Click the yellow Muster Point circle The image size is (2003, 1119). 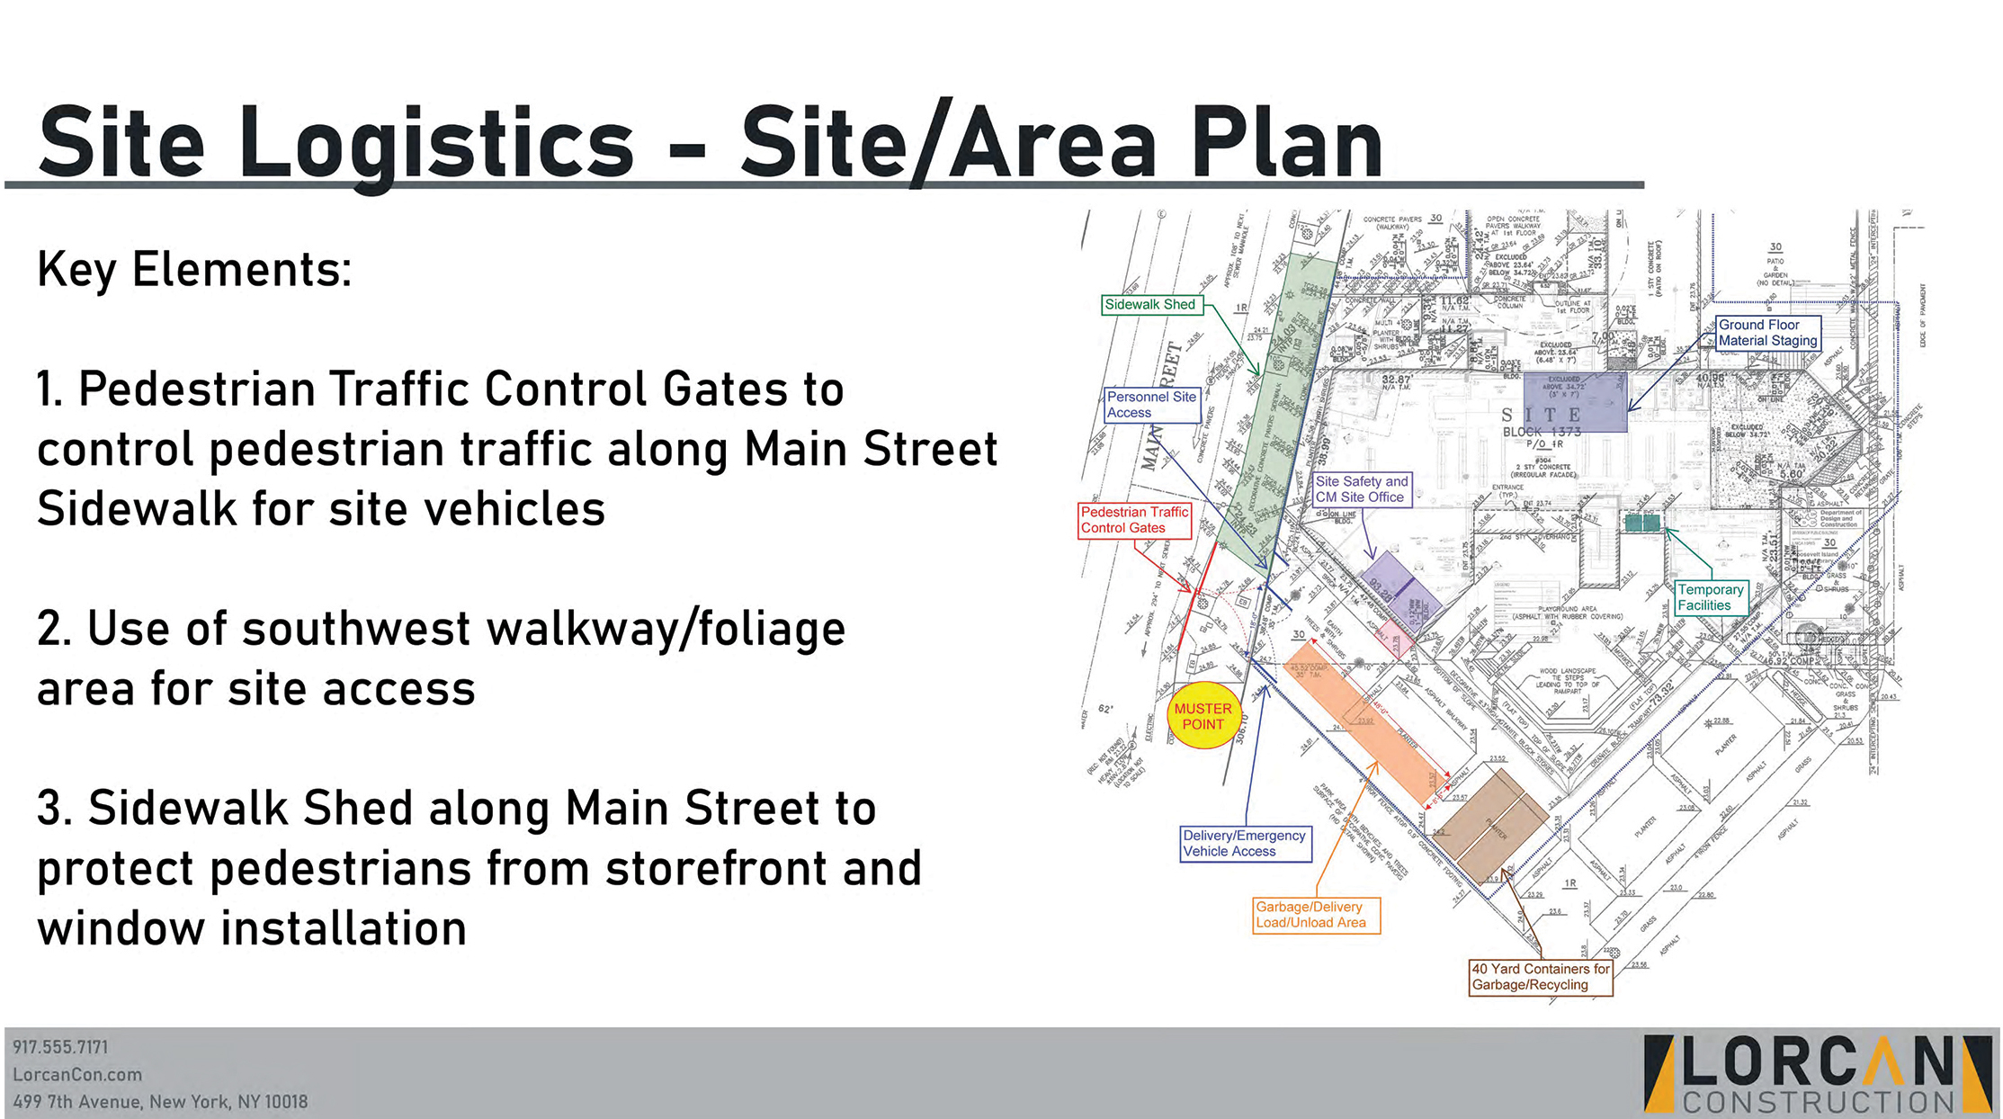point(1203,716)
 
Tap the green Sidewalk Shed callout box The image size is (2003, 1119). point(1150,305)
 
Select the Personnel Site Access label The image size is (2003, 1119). point(1151,405)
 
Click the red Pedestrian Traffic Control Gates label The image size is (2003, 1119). point(1134,520)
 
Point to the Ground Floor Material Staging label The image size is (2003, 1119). point(1767,333)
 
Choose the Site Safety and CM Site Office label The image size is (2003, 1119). point(1361,489)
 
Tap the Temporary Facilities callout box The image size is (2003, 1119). point(1710,597)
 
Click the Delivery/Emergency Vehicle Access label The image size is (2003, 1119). point(1244,844)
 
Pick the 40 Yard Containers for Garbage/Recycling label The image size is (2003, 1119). point(1540,977)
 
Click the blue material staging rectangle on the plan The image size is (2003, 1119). point(1574,402)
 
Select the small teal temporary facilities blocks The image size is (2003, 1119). point(1641,523)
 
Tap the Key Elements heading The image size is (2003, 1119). point(194,269)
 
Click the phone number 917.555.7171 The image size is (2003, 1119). point(60,1047)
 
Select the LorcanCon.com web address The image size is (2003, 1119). point(77,1074)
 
